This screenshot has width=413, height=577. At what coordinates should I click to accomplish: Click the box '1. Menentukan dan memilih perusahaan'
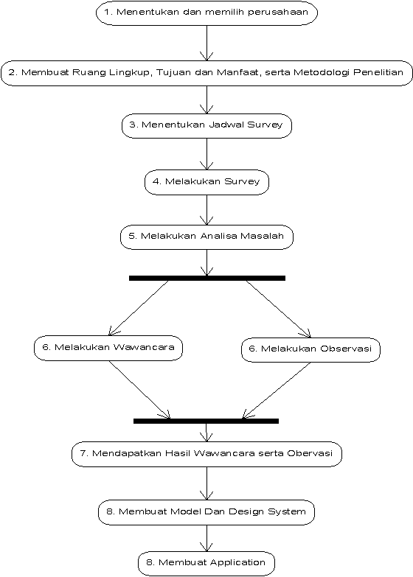[x=206, y=13]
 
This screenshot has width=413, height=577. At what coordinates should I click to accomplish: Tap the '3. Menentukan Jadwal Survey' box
[x=206, y=125]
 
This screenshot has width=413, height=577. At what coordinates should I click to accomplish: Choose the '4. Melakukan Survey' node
[x=206, y=182]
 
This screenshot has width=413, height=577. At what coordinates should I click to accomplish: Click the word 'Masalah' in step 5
[x=262, y=236]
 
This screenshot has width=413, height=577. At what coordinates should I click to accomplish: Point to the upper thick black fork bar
[x=207, y=279]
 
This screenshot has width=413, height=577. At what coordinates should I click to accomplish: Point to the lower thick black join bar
[x=206, y=421]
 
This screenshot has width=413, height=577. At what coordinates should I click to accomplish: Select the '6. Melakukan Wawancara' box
[x=108, y=348]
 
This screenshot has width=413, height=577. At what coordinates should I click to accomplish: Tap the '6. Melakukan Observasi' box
[x=310, y=349]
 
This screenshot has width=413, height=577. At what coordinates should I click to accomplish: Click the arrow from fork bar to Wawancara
[x=139, y=308]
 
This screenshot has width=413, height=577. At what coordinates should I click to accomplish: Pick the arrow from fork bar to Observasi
[x=279, y=309]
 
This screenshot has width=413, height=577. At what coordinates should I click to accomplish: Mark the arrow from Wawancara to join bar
[x=139, y=389]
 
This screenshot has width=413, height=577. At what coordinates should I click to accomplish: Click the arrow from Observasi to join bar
[x=277, y=391]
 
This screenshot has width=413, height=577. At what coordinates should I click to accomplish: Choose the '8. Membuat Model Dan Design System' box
[x=206, y=512]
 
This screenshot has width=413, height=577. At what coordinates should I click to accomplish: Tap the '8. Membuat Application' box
[x=206, y=563]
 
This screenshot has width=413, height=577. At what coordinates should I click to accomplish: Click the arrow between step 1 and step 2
[x=206, y=43]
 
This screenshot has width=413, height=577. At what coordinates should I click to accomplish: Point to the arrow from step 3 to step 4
[x=206, y=154]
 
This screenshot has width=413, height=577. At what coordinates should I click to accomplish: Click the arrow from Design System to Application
[x=206, y=538]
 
